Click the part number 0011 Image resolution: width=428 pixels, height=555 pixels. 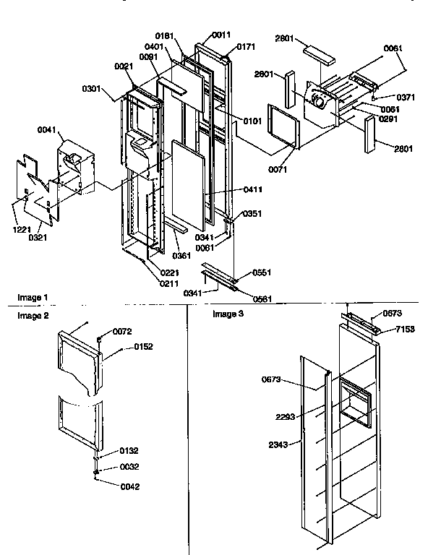(x=222, y=35)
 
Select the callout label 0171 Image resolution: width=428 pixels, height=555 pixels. (x=246, y=46)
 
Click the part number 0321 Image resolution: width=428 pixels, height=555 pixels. (x=38, y=236)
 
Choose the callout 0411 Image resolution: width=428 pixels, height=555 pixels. (x=252, y=189)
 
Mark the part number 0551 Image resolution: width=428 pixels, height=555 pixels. (x=262, y=272)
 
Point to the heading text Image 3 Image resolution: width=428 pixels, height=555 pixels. (x=228, y=314)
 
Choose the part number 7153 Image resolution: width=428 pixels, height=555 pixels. (x=405, y=330)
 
